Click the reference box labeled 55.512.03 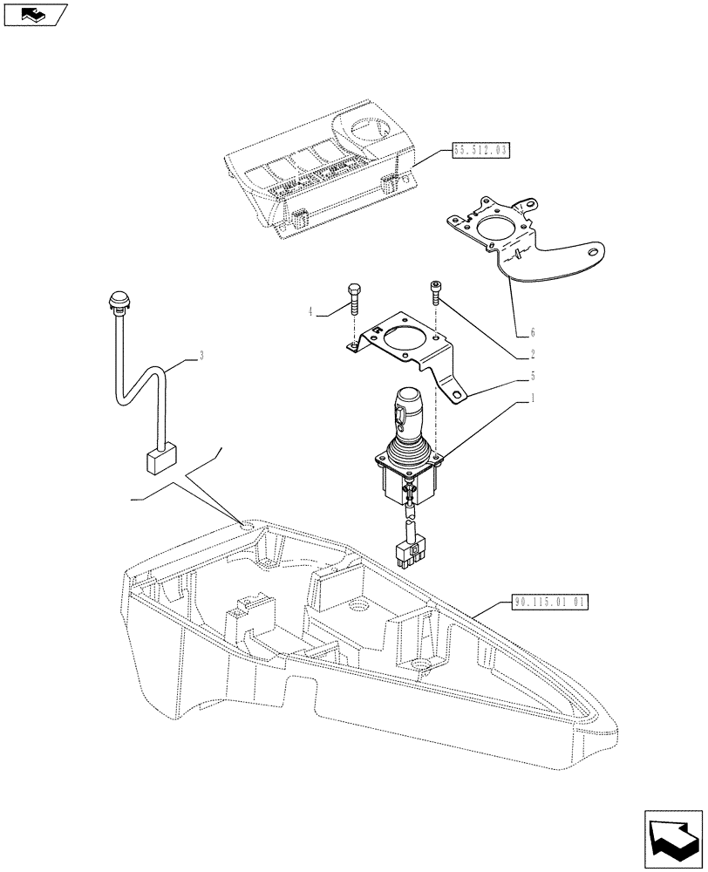pos(480,150)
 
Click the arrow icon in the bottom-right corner pos(671,838)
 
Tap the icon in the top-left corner pos(35,15)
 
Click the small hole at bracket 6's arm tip pos(595,254)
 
